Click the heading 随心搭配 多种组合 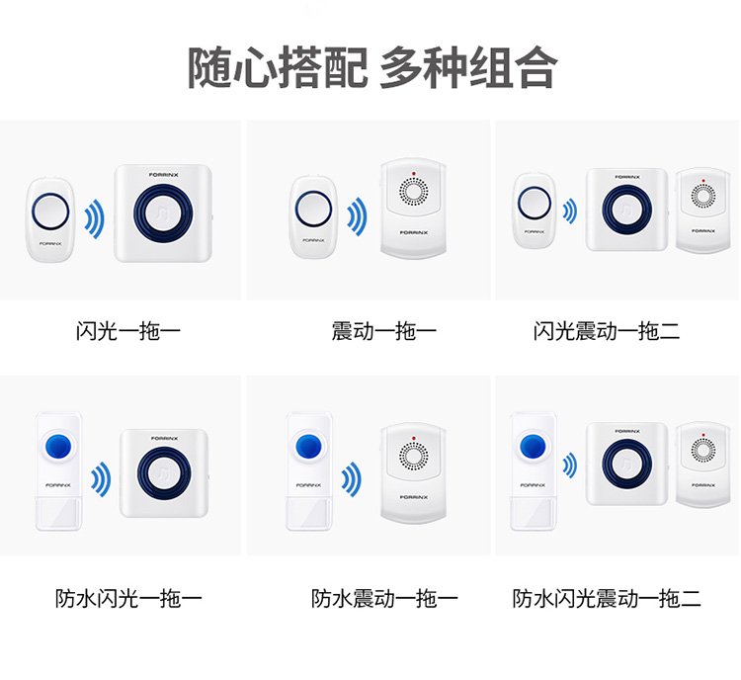click(372, 68)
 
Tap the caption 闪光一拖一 click(128, 330)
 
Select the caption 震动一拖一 click(383, 330)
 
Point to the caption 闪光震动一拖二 click(607, 330)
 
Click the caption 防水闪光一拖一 click(128, 598)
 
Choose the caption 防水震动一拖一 click(384, 598)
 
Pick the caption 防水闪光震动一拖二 click(607, 598)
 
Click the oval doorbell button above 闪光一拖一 click(50, 219)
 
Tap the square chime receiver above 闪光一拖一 click(163, 212)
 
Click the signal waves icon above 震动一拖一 click(357, 217)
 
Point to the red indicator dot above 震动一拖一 click(414, 174)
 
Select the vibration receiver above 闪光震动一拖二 click(702, 211)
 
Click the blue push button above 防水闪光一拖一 click(57, 446)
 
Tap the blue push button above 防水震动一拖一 click(308, 446)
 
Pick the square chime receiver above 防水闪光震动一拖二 click(626, 464)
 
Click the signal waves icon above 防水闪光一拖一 click(101, 479)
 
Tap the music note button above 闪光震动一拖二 click(627, 210)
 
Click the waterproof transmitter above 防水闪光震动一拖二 click(533, 471)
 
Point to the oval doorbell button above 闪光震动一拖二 click(535, 211)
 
